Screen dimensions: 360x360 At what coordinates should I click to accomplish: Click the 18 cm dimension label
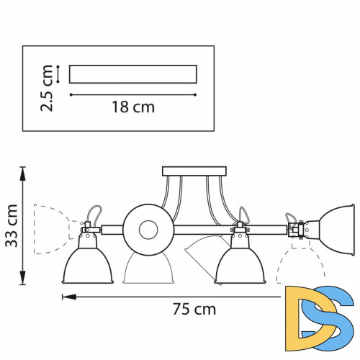point(133,107)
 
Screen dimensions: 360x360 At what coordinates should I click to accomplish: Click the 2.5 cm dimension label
point(48,88)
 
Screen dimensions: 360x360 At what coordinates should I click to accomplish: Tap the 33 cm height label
point(11,225)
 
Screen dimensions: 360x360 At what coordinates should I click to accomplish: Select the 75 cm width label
point(194,310)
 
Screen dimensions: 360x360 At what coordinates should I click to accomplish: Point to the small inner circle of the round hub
point(148,230)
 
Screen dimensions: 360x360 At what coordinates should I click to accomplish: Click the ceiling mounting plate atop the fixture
point(184,171)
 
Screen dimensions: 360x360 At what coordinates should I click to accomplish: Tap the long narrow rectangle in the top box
point(132,74)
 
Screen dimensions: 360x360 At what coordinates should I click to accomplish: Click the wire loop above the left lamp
point(94,213)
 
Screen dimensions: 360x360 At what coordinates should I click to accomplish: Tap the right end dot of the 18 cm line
point(196,94)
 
